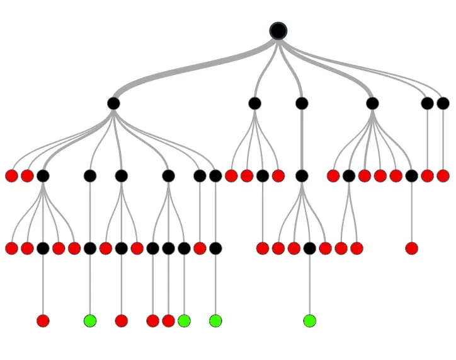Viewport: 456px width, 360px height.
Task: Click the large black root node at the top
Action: [278, 30]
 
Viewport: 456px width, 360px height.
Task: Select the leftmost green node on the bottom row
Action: [90, 321]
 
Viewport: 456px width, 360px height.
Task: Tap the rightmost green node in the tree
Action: [309, 321]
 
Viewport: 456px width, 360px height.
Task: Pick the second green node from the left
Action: [184, 321]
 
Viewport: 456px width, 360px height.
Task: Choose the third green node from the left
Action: [215, 321]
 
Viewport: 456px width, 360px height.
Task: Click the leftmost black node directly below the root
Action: [113, 103]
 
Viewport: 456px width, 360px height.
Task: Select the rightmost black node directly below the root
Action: [443, 103]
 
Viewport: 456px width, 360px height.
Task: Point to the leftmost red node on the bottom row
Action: [43, 321]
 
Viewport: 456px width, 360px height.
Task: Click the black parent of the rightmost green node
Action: [309, 248]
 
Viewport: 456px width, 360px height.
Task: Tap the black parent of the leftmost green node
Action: [90, 248]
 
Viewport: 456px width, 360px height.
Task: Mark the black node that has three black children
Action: [168, 176]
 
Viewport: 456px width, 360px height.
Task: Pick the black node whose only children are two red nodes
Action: [349, 176]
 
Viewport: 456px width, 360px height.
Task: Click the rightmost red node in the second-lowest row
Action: [411, 248]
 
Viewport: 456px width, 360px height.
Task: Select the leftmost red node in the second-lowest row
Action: [11, 248]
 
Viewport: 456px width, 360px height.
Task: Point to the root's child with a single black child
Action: [302, 103]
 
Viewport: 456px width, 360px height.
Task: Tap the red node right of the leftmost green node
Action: [122, 321]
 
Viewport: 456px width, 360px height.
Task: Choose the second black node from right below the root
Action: [427, 103]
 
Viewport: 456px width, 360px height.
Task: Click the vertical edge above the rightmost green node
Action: [309, 284]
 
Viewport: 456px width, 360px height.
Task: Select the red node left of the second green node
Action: [168, 321]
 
